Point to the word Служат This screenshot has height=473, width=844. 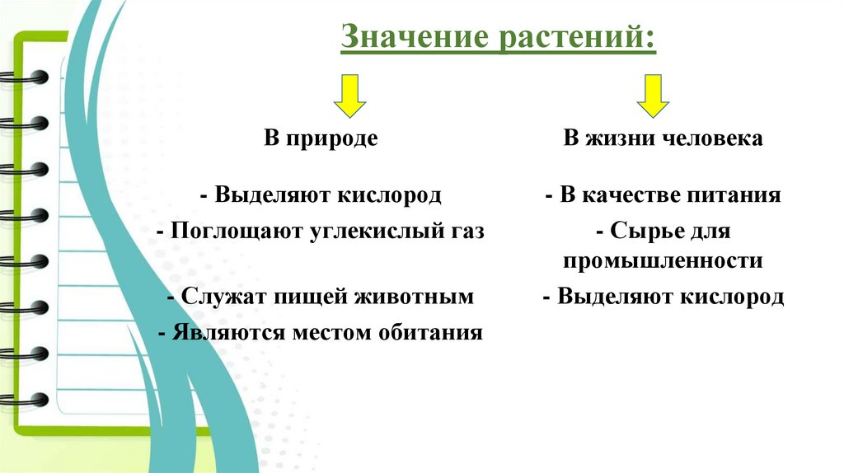click(x=217, y=296)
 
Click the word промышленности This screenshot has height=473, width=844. click(x=663, y=261)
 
